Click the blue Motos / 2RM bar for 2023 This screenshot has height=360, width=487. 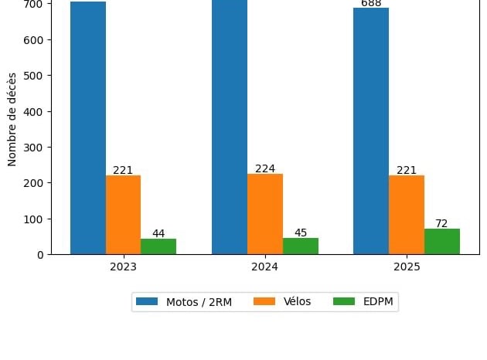click(88, 127)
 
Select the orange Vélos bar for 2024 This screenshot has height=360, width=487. click(265, 214)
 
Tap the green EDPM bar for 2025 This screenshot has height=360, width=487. click(442, 241)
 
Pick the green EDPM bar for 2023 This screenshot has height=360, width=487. click(158, 246)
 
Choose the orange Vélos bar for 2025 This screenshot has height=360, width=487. click(407, 215)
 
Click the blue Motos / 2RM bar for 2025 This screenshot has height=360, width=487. click(371, 131)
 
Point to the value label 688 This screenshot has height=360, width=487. click(371, 3)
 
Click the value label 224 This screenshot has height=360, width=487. click(265, 168)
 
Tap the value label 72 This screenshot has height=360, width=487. click(441, 223)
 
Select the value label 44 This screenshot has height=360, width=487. click(158, 233)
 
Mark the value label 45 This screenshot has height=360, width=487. click(301, 233)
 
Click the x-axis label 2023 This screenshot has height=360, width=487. click(124, 267)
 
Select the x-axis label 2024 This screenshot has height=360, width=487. click(265, 267)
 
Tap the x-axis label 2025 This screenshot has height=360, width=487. click(407, 267)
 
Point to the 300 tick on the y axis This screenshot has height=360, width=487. click(33, 147)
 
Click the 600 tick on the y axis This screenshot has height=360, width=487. click(33, 39)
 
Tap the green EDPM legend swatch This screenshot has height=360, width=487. click(345, 301)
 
